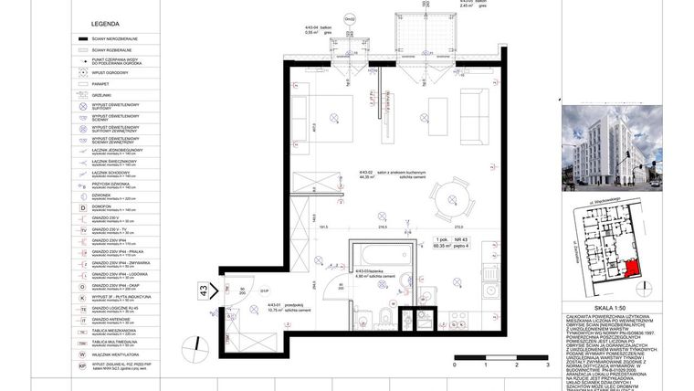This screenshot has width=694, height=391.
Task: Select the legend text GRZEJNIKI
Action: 100,94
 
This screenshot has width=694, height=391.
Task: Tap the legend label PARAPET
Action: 100,83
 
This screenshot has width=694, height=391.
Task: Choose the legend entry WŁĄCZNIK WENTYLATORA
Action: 113,354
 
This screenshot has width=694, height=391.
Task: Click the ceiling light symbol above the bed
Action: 334,116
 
